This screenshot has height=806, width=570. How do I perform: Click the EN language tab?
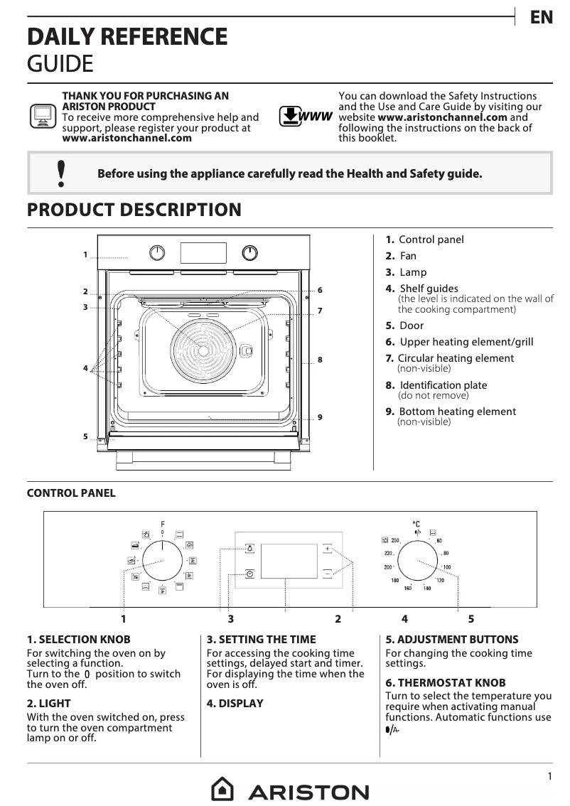(x=541, y=18)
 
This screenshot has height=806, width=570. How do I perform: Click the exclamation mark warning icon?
(x=61, y=173)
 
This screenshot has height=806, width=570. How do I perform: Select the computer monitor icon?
(x=43, y=115)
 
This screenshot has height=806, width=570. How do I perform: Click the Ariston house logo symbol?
(x=222, y=790)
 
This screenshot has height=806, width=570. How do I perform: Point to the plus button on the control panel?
(x=327, y=549)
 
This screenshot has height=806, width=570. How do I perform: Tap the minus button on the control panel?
(x=327, y=572)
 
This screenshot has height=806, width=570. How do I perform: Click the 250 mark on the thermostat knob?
(x=396, y=540)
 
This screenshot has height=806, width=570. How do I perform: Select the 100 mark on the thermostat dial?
(x=446, y=566)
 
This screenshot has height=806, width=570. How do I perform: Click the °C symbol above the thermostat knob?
(x=416, y=524)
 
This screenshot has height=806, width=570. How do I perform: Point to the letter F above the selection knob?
(x=162, y=524)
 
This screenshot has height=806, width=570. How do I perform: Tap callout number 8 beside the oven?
(x=320, y=360)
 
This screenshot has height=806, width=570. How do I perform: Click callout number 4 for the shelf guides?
(x=85, y=368)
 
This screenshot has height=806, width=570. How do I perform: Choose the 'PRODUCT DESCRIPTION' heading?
(x=134, y=210)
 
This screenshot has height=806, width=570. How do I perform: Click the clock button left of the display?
(x=249, y=573)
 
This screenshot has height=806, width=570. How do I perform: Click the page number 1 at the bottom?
(x=549, y=777)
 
